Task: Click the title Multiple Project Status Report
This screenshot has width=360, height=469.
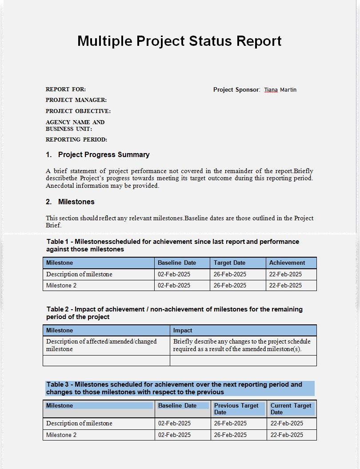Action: point(179,41)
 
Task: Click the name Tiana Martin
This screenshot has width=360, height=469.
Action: point(280,90)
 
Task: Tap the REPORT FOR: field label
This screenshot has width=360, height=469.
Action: point(66,89)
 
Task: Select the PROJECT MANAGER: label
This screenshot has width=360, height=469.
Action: point(76,100)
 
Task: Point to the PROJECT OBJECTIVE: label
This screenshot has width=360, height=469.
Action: point(78,111)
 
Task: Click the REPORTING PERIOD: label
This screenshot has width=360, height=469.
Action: point(76,140)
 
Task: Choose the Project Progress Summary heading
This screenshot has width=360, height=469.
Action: point(104,155)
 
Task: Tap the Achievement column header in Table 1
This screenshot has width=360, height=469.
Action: point(287,263)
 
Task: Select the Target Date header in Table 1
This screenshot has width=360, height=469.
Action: point(229,263)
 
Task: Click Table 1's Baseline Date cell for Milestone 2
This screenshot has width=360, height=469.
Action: point(174,286)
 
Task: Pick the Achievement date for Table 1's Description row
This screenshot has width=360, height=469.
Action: point(285,275)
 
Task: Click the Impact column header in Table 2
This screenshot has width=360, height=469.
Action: point(183,331)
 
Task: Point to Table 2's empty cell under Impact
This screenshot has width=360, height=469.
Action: point(243,360)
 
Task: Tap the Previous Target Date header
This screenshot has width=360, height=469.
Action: point(236,409)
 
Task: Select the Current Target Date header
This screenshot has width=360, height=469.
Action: point(291,409)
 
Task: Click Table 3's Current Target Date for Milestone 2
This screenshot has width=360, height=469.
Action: point(287,435)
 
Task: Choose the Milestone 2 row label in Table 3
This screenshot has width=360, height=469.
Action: point(61,435)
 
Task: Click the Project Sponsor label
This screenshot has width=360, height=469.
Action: point(236,90)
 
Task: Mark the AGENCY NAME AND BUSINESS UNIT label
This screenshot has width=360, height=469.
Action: point(75,125)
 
